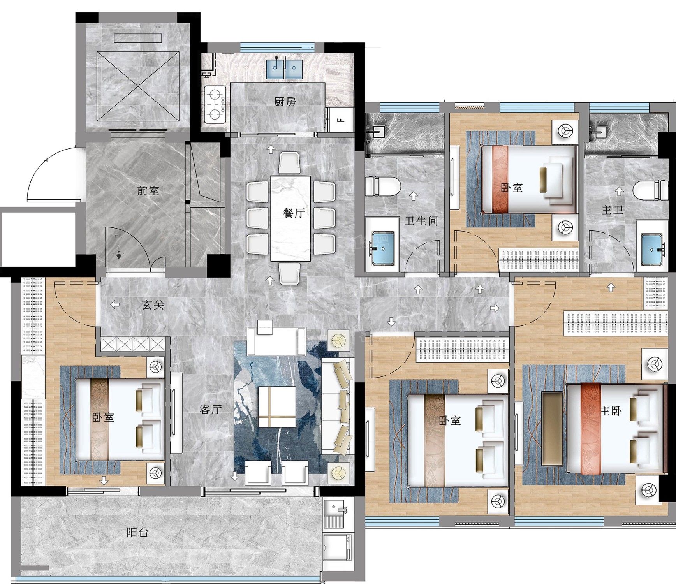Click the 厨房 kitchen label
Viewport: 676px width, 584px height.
[285, 102]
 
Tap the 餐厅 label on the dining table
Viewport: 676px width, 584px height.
[294, 213]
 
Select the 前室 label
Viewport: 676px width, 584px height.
[148, 191]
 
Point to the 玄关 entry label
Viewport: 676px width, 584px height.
[153, 305]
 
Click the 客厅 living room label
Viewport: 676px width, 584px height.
[211, 409]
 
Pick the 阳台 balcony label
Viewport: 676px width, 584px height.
[137, 532]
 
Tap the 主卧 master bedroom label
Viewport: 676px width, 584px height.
[611, 411]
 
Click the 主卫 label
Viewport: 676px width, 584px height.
[612, 210]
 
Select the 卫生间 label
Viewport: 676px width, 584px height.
[421, 221]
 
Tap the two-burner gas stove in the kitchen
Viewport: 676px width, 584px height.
[215, 104]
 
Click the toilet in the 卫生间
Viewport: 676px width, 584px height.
[383, 186]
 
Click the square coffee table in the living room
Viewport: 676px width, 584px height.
[277, 407]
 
